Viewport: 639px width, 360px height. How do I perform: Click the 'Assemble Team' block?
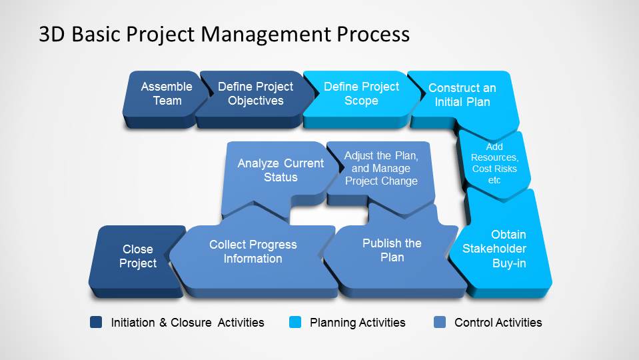[x=166, y=94]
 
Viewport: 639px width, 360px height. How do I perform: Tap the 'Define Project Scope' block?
[x=361, y=94]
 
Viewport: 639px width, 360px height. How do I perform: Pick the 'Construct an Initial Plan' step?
[x=462, y=95]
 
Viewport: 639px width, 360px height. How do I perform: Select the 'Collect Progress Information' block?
[x=253, y=252]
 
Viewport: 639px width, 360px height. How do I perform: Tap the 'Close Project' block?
[x=138, y=257]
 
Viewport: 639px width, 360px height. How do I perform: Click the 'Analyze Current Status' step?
[x=281, y=171]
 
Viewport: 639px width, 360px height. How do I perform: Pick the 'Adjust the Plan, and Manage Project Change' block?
[x=381, y=169]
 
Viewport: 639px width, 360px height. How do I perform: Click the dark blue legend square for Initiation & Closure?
[x=96, y=323]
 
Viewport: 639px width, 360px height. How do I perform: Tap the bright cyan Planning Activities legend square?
[x=295, y=323]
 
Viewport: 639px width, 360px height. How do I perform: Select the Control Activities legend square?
[x=439, y=323]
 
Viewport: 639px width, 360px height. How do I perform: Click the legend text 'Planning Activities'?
[x=357, y=323]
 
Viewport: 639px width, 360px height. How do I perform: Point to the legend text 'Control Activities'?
[x=498, y=323]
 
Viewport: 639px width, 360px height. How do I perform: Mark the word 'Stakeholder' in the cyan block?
[x=494, y=249]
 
